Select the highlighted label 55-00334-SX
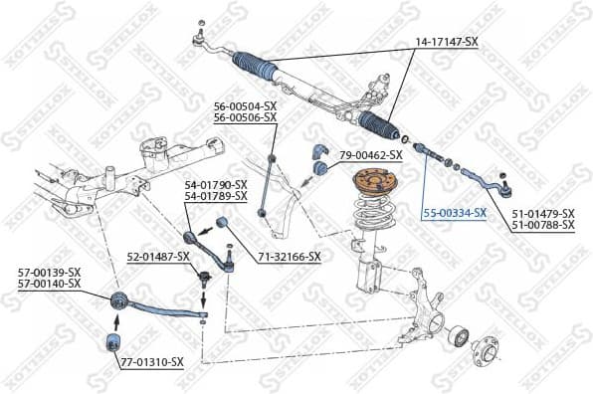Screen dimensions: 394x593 pos(454,213)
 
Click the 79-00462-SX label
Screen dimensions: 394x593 pos(371,155)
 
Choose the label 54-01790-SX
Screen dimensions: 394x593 pos(215,185)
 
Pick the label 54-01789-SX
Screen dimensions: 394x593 pos(215,197)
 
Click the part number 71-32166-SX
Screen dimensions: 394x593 pos(290,257)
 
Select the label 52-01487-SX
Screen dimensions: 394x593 pos(158,257)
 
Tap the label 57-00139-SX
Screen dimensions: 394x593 pos(49,271)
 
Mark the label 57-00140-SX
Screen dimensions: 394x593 pos(49,283)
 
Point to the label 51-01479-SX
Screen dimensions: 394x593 pos(543,214)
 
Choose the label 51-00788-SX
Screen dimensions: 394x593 pos(543,226)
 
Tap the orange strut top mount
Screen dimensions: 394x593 pos(374,186)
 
